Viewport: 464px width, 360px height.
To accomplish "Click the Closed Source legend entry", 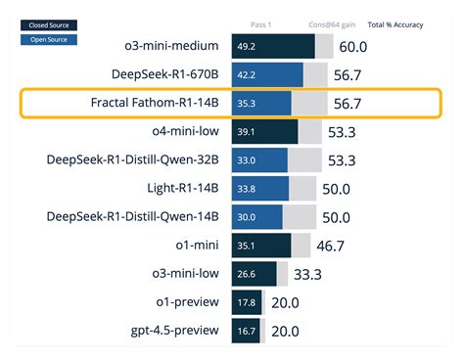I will [x=48, y=25].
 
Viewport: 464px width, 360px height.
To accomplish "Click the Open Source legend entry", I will [x=48, y=40].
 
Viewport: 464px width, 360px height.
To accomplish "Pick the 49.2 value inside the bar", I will [x=246, y=46].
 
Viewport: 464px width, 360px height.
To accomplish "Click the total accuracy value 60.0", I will [x=352, y=46].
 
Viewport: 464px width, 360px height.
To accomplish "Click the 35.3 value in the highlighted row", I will [x=246, y=104].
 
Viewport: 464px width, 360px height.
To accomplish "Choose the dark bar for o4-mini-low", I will [x=264, y=132].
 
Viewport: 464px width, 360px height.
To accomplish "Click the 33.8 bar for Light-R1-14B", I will [x=260, y=189].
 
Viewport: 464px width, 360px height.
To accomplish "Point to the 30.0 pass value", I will [x=246, y=217].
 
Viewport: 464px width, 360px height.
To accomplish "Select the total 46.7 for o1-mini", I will [x=331, y=246].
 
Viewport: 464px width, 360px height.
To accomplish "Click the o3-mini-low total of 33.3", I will [x=307, y=274].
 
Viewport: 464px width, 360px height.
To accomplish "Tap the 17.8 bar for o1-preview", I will [x=246, y=302].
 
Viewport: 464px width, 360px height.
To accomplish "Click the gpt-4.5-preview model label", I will [x=169, y=331].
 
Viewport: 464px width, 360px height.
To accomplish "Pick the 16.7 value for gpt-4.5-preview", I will [x=245, y=331].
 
